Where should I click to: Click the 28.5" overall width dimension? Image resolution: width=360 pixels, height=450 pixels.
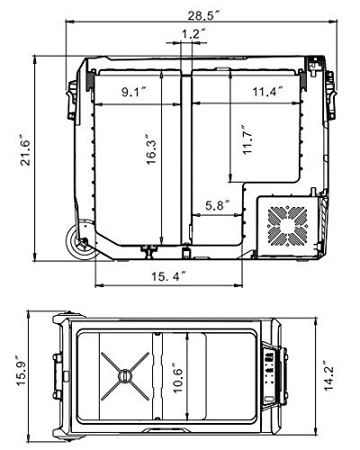(204, 16)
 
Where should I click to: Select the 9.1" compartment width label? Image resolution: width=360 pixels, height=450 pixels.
(133, 93)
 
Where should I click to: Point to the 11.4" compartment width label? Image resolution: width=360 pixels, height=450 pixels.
(268, 91)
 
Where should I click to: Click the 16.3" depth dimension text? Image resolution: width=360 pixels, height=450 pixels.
(151, 148)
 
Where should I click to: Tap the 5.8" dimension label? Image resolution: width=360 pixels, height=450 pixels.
(218, 205)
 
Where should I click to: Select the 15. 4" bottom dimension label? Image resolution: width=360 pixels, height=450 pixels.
(169, 276)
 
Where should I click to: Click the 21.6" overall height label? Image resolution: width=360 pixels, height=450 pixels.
(25, 152)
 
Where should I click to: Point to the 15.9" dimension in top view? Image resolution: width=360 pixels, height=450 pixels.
(22, 371)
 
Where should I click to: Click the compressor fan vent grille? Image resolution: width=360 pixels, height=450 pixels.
(288, 226)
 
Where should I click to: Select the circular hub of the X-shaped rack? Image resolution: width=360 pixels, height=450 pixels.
(125, 376)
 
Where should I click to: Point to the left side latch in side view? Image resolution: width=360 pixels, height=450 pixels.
(72, 101)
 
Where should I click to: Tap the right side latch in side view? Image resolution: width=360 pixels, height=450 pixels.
(331, 95)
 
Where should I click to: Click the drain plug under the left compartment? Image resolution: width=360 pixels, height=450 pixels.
(149, 251)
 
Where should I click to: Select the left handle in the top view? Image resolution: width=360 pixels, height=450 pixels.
(58, 376)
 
